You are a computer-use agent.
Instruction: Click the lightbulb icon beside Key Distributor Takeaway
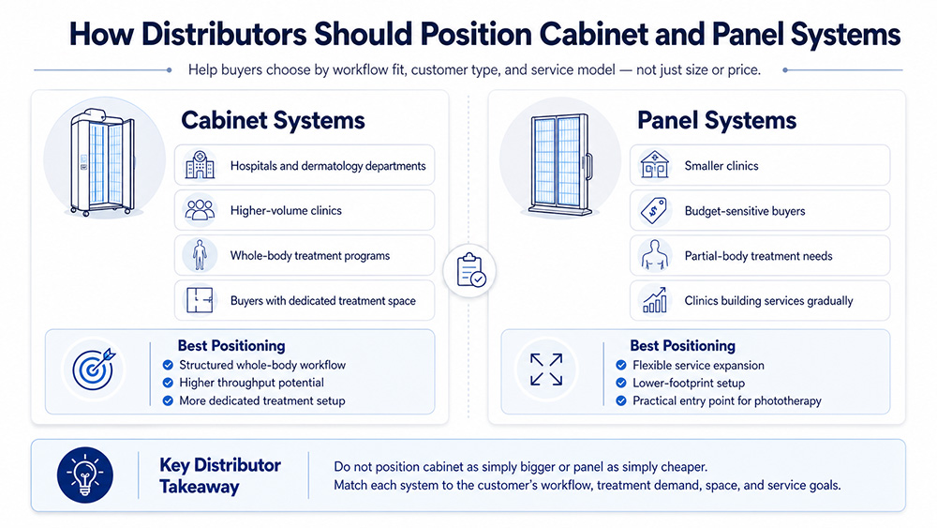click(85, 475)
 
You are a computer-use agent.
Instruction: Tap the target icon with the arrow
click(93, 370)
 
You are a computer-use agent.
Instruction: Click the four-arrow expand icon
click(546, 370)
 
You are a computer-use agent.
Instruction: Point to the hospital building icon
click(200, 167)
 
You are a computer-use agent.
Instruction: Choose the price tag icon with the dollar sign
click(653, 212)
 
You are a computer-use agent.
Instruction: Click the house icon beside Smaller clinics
click(653, 166)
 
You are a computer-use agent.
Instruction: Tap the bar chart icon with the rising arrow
click(653, 301)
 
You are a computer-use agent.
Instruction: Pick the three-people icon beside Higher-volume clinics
click(200, 211)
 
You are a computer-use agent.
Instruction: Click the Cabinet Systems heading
click(273, 120)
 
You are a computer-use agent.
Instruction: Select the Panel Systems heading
click(717, 120)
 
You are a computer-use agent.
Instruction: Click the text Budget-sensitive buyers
click(745, 211)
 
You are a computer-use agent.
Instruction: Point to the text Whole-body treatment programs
click(310, 255)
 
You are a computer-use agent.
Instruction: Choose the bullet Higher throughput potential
click(251, 383)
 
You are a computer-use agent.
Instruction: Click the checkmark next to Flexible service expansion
click(621, 365)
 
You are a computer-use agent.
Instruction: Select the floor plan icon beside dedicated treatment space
click(200, 300)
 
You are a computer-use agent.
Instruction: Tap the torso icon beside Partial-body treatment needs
click(653, 256)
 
